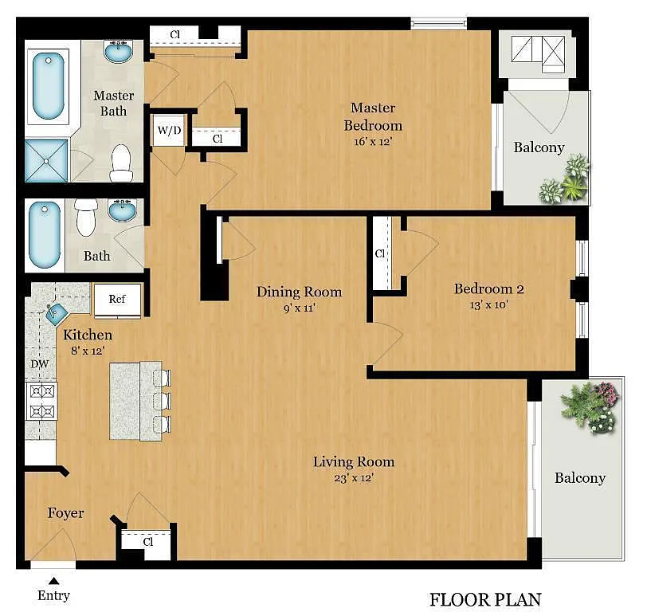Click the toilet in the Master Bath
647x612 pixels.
click(121, 163)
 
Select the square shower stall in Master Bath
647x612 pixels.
click(46, 161)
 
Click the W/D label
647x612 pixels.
click(169, 131)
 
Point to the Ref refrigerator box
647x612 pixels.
click(117, 300)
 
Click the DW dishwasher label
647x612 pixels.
click(40, 364)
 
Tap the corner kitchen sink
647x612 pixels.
click(55, 314)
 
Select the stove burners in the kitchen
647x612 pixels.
click(41, 401)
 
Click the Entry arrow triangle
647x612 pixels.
click(53, 581)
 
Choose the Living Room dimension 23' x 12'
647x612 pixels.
click(354, 478)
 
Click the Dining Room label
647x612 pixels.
click(299, 292)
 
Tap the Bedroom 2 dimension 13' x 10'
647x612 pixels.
click(489, 305)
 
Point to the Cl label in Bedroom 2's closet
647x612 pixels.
click(379, 253)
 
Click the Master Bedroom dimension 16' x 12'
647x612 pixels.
click(373, 142)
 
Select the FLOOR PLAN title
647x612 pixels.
click(485, 599)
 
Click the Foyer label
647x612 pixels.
click(65, 513)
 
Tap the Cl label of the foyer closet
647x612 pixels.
click(148, 541)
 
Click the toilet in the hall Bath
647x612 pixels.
click(86, 218)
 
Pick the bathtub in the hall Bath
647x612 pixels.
click(44, 235)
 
